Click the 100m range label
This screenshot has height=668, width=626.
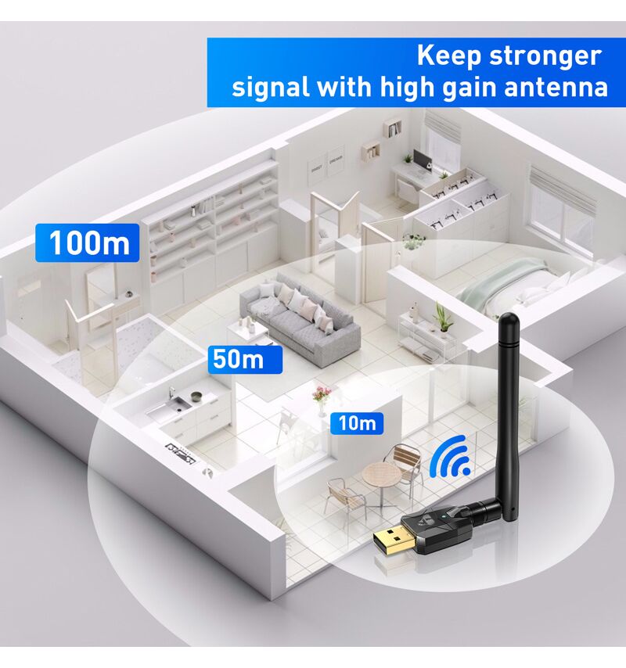click(x=88, y=242)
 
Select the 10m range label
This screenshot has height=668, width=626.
click(x=357, y=423)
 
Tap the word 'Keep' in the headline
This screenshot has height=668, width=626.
click(x=448, y=56)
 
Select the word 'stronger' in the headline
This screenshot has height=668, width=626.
click(x=545, y=56)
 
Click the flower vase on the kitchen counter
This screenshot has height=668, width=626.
click(x=320, y=395)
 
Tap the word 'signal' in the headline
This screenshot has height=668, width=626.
click(x=269, y=87)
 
